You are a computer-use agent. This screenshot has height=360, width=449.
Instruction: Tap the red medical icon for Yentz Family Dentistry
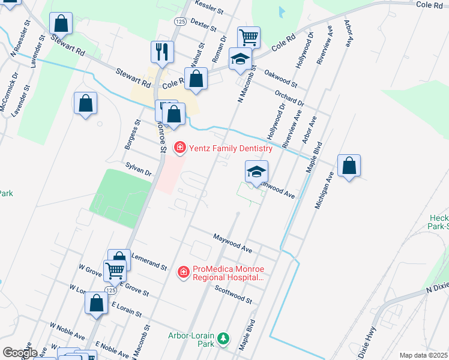point(179,148)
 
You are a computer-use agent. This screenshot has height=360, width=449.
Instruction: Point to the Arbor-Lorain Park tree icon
point(223,340)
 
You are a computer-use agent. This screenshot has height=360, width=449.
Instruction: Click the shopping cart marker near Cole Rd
point(249,37)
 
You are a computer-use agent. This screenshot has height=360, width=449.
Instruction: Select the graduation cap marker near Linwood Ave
point(256,172)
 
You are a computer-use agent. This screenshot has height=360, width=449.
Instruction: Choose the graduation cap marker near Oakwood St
point(240,59)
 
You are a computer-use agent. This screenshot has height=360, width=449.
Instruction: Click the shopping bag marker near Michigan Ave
point(349,166)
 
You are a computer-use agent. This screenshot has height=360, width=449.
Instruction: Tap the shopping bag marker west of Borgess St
point(86,103)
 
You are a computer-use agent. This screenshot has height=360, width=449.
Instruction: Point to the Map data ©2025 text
point(423,355)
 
